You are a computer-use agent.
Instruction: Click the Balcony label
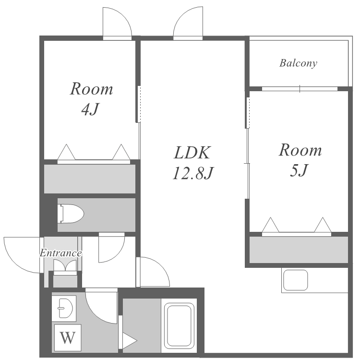pyautogui.click(x=298, y=63)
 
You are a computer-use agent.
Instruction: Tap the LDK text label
pyautogui.click(x=192, y=153)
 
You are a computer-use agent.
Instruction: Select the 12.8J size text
pyautogui.click(x=193, y=173)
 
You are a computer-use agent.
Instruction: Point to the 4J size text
pyautogui.click(x=90, y=109)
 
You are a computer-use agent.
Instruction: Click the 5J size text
pyautogui.click(x=299, y=170)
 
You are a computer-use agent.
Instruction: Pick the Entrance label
pyautogui.click(x=60, y=253)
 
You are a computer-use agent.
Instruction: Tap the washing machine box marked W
pyautogui.click(x=68, y=337)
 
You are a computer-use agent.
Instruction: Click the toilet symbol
pyautogui.click(x=71, y=214)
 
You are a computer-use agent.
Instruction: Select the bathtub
pyautogui.click(x=179, y=325)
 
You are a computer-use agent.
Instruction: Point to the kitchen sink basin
pyautogui.click(x=296, y=280)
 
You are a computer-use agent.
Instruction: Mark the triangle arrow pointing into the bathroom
pyautogui.click(x=130, y=341)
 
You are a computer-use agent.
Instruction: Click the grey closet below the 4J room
pyautogui.click(x=90, y=179)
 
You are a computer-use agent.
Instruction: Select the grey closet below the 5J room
pyautogui.click(x=299, y=250)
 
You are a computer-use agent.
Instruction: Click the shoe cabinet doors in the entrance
pyautogui.click(x=65, y=266)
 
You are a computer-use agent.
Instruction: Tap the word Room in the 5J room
pyautogui.click(x=300, y=150)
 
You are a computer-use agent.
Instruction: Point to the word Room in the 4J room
pyautogui.click(x=91, y=89)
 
